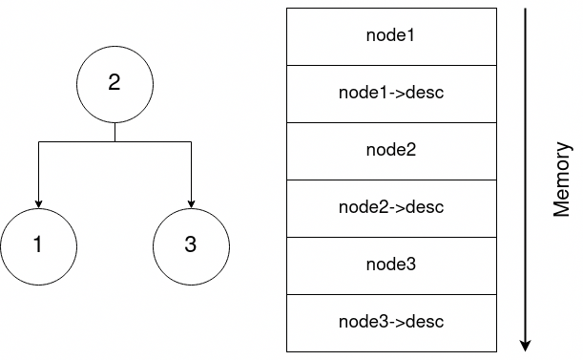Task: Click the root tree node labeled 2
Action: [x=115, y=84]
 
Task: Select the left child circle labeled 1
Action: [x=38, y=245]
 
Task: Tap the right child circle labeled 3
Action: [x=191, y=245]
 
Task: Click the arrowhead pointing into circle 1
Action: [x=38, y=202]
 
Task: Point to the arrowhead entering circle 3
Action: [x=191, y=202]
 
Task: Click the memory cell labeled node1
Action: [x=391, y=36]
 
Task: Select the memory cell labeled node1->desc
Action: [x=391, y=94]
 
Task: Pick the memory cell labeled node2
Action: [x=391, y=151]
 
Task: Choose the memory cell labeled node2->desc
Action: [x=391, y=207]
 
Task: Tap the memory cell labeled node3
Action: [x=391, y=265]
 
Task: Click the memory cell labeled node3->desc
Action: [x=391, y=322]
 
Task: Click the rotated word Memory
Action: [x=562, y=180]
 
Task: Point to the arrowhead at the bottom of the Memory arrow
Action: [x=525, y=345]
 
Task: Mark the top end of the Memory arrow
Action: [x=525, y=10]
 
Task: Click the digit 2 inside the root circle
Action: [x=115, y=84]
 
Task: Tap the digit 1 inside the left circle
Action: [x=38, y=245]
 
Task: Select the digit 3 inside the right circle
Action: [x=191, y=245]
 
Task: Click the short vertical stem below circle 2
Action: [x=115, y=132]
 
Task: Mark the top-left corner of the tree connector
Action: [x=38, y=141]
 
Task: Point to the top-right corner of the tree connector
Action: [x=191, y=141]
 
